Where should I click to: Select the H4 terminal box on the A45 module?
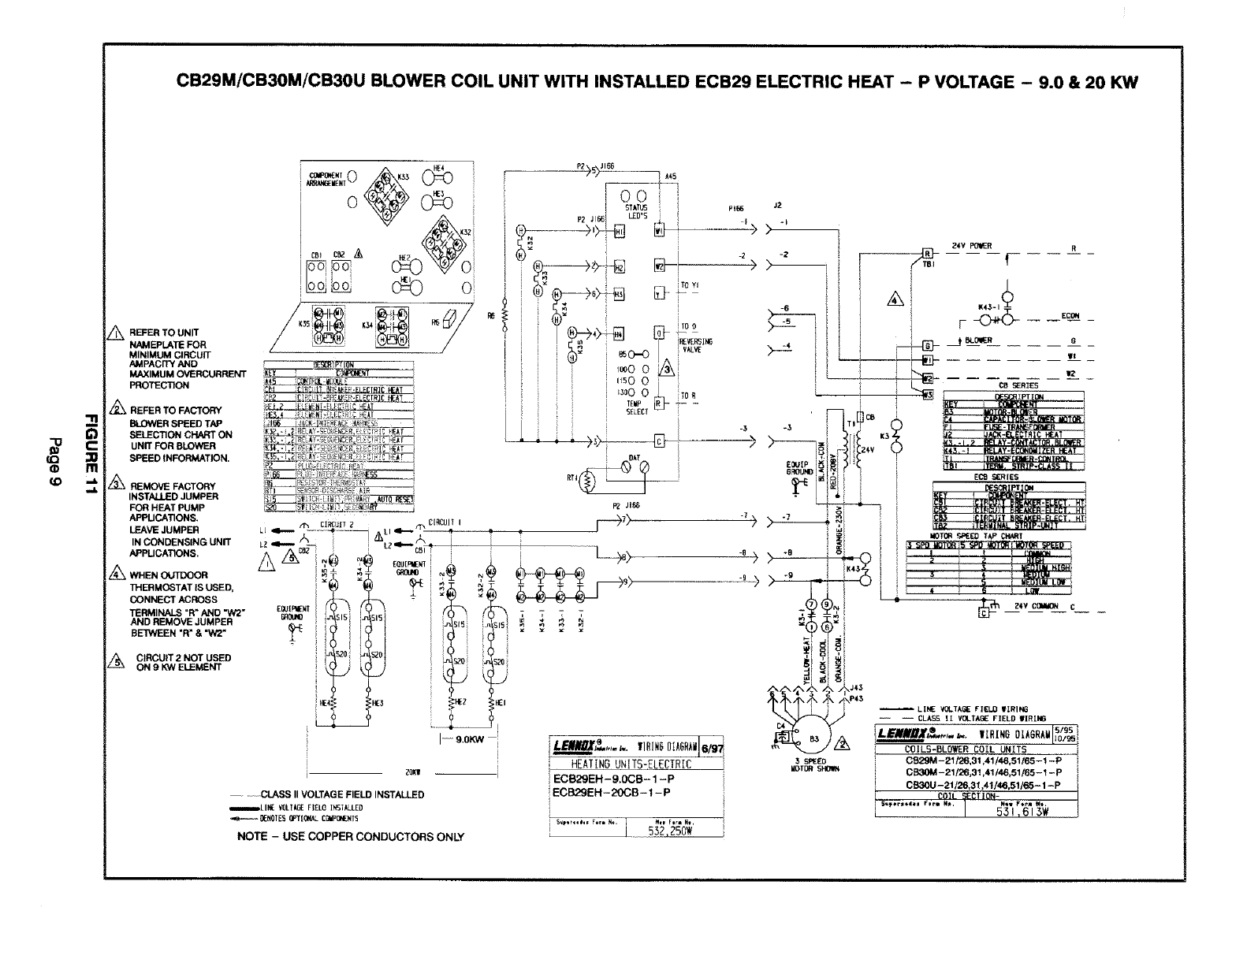(x=619, y=333)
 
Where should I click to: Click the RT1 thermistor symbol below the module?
(x=585, y=481)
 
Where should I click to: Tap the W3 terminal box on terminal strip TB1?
(x=928, y=395)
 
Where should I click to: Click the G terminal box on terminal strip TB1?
(x=928, y=346)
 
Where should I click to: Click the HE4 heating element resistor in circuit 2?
(x=333, y=701)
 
